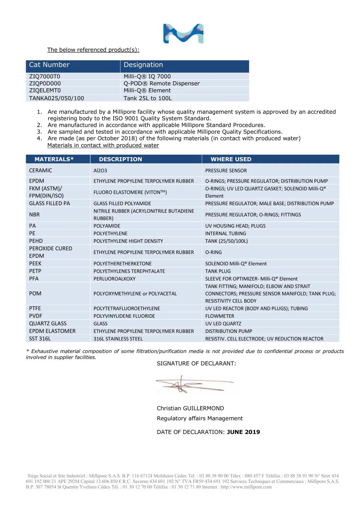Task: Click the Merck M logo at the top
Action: pyautogui.click(x=183, y=33)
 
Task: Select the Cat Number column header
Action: pyautogui.click(x=49, y=65)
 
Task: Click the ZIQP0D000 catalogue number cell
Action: pyautogui.click(x=45, y=83)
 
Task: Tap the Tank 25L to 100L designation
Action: pyautogui.click(x=147, y=98)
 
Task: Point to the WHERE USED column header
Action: pyautogui.click(x=231, y=159)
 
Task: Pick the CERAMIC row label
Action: pyautogui.click(x=40, y=170)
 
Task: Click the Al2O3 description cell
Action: pyautogui.click(x=100, y=171)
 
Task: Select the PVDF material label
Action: pyautogui.click(x=35, y=316)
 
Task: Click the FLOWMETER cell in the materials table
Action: pyautogui.click(x=220, y=316)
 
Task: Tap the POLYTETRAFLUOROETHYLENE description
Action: pyautogui.click(x=127, y=309)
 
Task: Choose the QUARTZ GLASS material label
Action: pyautogui.click(x=48, y=324)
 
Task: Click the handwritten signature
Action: pyautogui.click(x=194, y=384)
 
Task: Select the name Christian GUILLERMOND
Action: pyautogui.click(x=190, y=408)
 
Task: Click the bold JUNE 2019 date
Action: pyautogui.click(x=243, y=432)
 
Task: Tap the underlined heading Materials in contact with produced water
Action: pyautogui.click(x=103, y=145)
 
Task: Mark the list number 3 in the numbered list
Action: pyautogui.click(x=39, y=132)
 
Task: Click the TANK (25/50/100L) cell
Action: pyautogui.click(x=226, y=241)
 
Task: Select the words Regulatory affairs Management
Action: pyautogui.click(x=200, y=418)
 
